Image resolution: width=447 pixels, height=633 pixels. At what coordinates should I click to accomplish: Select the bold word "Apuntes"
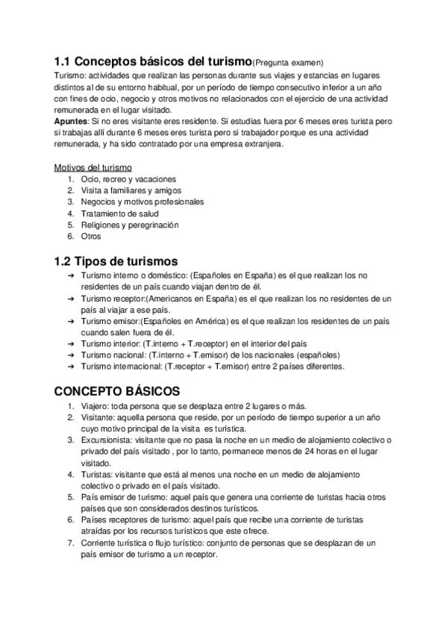pyautogui.click(x=71, y=120)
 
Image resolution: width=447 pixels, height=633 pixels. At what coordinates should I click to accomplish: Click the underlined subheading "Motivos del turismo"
pyautogui.click(x=93, y=167)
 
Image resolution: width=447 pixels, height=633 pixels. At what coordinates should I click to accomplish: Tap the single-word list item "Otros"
pyautogui.click(x=91, y=236)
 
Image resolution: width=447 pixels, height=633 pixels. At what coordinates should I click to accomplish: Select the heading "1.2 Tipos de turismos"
pyautogui.click(x=116, y=261)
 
